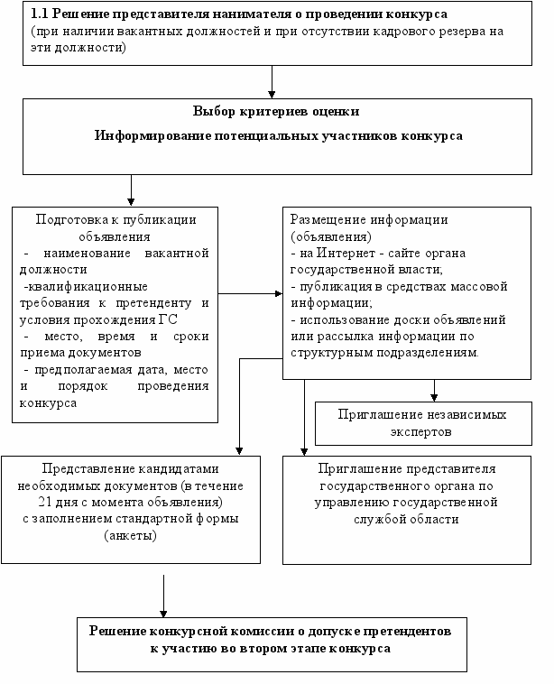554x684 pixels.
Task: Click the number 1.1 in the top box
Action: click(39, 14)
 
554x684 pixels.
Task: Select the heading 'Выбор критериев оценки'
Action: click(276, 112)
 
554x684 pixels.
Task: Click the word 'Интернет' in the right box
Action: click(346, 253)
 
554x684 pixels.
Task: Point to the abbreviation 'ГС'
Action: click(168, 319)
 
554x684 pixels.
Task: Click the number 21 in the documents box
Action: click(44, 502)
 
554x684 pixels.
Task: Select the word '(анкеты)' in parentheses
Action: click(131, 535)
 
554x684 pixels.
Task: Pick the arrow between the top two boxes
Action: click(272, 82)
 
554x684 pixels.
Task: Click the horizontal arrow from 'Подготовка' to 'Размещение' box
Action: click(251, 293)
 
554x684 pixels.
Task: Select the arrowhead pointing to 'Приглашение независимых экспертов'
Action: click(434, 397)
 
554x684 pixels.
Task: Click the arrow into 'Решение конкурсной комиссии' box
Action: click(163, 596)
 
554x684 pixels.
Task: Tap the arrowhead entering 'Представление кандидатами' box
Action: click(239, 451)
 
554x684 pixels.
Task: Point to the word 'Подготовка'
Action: click(72, 219)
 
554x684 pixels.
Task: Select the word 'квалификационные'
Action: click(86, 287)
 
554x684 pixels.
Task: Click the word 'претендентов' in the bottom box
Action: click(407, 632)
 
